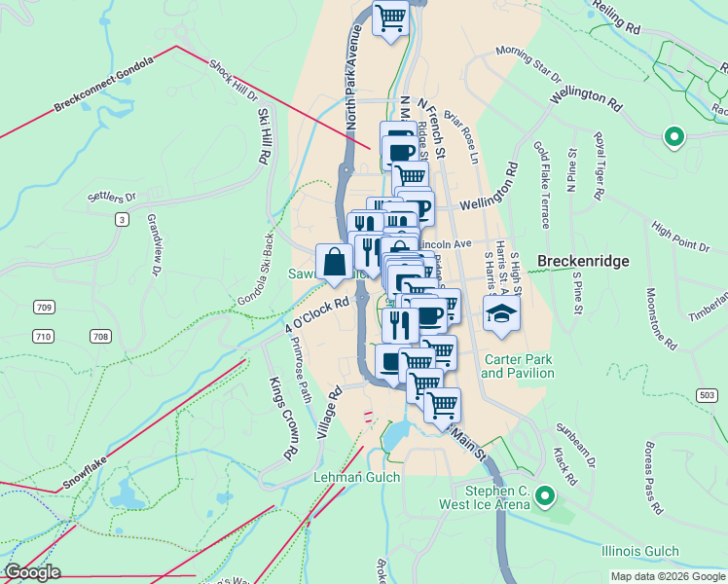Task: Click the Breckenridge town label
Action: [x=583, y=262]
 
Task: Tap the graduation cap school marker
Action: [x=501, y=313]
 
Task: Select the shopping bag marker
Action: [x=335, y=262]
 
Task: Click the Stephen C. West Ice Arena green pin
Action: [x=546, y=498]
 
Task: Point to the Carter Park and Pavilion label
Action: [x=517, y=367]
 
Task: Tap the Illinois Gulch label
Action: [x=639, y=552]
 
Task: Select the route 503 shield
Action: [x=708, y=394]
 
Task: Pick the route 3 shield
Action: [x=122, y=220]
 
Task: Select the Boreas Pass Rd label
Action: [x=652, y=480]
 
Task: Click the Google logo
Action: [x=31, y=572]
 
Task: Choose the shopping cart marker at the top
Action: [x=391, y=18]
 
